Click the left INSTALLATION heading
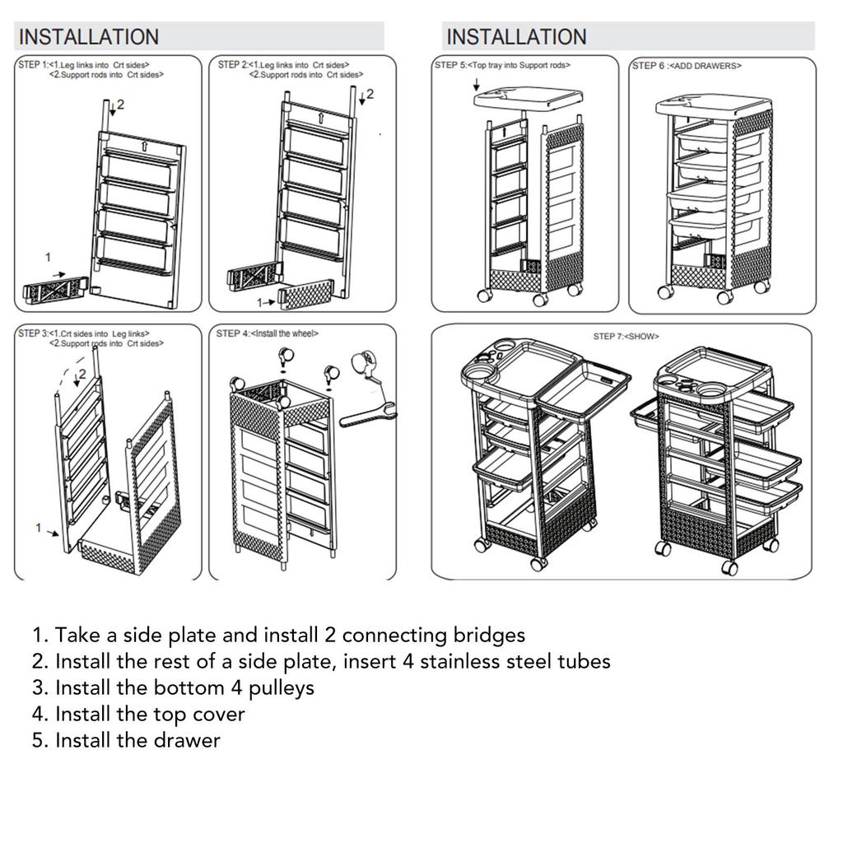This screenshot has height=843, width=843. pyautogui.click(x=88, y=37)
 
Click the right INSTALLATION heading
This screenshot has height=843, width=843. pyautogui.click(x=516, y=37)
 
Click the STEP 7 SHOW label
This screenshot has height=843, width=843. pyautogui.click(x=626, y=337)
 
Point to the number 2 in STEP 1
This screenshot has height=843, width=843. pyautogui.click(x=120, y=105)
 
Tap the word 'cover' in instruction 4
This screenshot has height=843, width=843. pyautogui.click(x=217, y=714)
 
